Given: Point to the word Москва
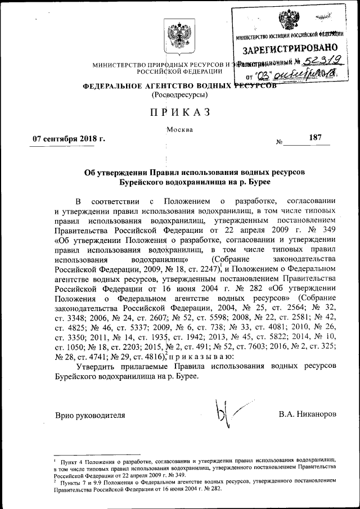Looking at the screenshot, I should point(180,129).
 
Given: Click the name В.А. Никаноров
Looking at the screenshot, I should point(307,415).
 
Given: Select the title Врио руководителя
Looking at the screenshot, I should point(89,415).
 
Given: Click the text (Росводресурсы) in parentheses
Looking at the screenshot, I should point(179,96).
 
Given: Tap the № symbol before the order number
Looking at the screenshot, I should point(280,141).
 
